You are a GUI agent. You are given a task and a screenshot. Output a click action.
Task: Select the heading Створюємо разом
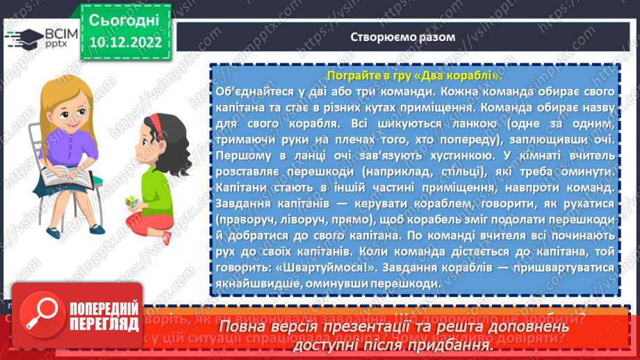(x=403, y=37)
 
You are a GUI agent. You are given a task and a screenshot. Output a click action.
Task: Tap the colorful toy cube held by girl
(x=132, y=202)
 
